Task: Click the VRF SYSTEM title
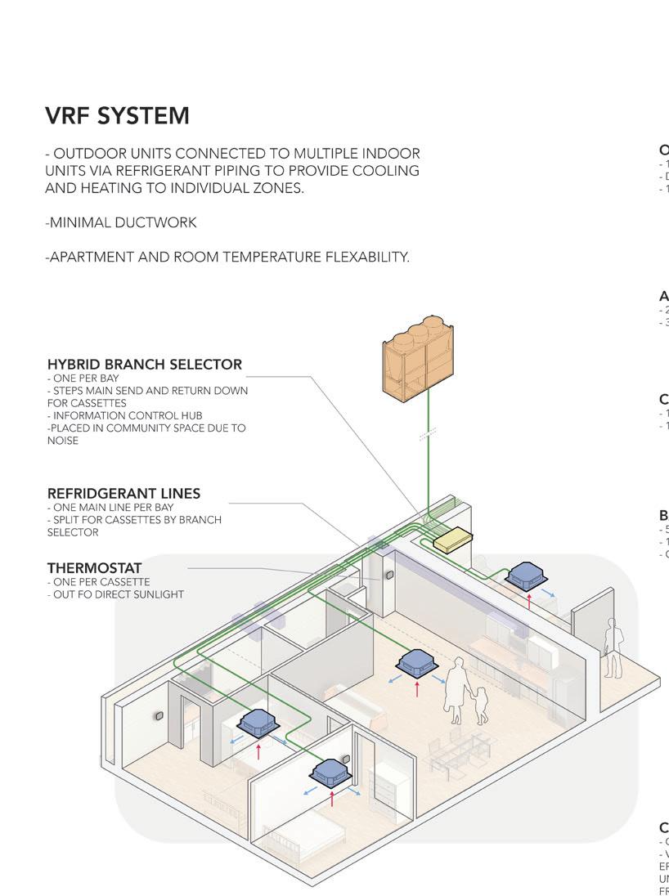click(117, 116)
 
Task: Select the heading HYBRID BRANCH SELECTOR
click(145, 365)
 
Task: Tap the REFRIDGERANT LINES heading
click(123, 494)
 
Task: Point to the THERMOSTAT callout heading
click(94, 568)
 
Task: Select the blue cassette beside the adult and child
click(418, 664)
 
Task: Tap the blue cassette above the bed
click(330, 773)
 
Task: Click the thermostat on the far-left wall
click(159, 715)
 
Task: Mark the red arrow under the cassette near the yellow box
click(529, 603)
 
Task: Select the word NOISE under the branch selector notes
click(63, 441)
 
